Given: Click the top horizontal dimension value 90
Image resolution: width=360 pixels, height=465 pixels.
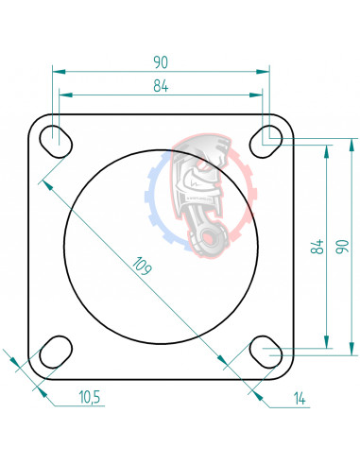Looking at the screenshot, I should (160, 62).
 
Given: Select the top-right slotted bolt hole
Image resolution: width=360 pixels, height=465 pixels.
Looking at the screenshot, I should (263, 141).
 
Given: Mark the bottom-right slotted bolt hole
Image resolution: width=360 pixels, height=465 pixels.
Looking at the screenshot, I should (263, 351).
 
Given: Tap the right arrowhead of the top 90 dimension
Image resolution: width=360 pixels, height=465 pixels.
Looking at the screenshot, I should (264, 71).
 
